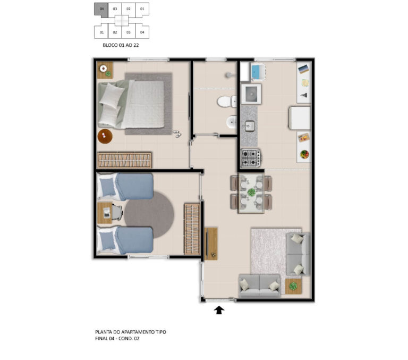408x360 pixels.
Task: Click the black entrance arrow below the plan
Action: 219,310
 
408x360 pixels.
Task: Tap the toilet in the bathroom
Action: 227,101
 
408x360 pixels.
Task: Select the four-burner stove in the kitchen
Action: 251,158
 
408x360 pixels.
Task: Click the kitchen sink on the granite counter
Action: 249,127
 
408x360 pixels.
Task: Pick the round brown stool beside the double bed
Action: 105,136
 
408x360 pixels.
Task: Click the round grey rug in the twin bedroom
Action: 149,215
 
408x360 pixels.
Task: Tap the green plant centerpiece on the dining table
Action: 251,192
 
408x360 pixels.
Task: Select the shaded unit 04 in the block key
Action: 101,10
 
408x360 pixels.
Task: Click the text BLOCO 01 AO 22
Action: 121,45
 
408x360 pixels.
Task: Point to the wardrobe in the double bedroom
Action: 124,160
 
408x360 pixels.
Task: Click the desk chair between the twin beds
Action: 117,213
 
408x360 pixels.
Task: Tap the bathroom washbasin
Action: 231,122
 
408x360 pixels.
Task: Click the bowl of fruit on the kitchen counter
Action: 304,154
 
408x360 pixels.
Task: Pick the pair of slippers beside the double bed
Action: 177,134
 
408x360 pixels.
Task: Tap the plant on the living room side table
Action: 293,286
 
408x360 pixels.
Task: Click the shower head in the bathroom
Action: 229,75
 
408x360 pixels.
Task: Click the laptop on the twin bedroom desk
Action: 107,213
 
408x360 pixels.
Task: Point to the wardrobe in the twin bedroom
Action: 192,229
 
